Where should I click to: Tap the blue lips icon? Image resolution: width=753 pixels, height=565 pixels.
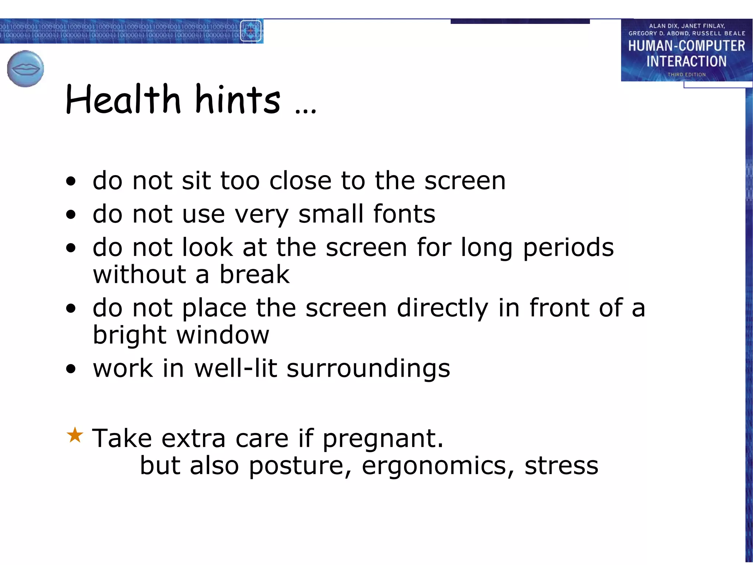coord(25,69)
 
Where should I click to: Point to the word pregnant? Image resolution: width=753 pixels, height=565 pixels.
coord(383,439)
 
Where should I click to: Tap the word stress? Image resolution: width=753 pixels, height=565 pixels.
coord(561,466)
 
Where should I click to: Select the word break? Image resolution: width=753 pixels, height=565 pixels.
coord(254,274)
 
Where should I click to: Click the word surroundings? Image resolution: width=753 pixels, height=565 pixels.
coord(368,369)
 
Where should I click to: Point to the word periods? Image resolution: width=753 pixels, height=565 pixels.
coord(568,248)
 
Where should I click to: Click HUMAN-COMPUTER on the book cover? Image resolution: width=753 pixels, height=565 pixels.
coord(686,46)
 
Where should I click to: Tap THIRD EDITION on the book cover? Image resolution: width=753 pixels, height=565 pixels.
coord(686,75)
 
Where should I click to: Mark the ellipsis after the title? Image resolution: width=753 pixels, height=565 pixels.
coord(305,110)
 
